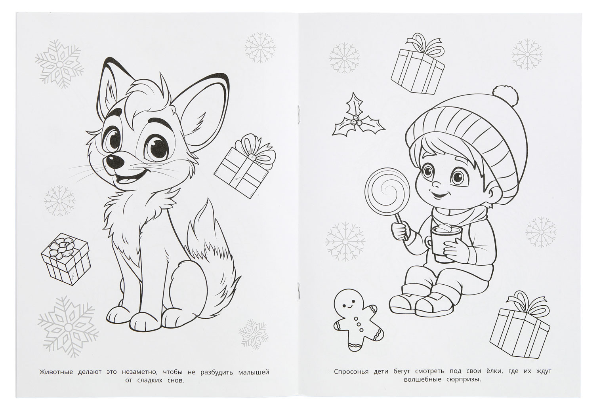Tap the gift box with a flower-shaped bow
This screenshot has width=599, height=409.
tap(65, 259)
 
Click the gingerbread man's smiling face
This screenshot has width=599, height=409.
tap(348, 303)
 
